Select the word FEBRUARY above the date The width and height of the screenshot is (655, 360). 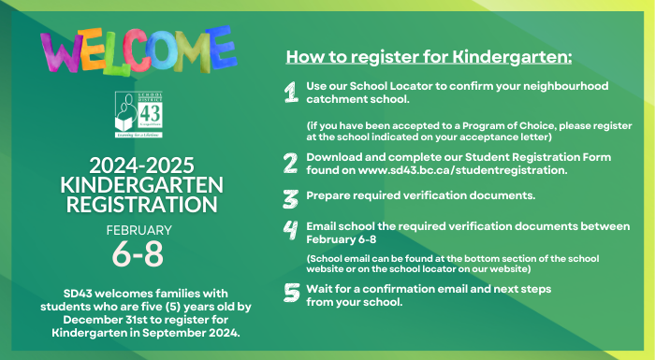138,229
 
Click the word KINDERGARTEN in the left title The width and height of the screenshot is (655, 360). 138,182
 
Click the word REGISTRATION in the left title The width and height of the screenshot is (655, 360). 138,203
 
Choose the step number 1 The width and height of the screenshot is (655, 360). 291,92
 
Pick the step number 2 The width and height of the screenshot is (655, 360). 291,163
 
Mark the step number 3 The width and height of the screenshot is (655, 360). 291,198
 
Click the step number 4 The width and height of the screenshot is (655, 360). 291,232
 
